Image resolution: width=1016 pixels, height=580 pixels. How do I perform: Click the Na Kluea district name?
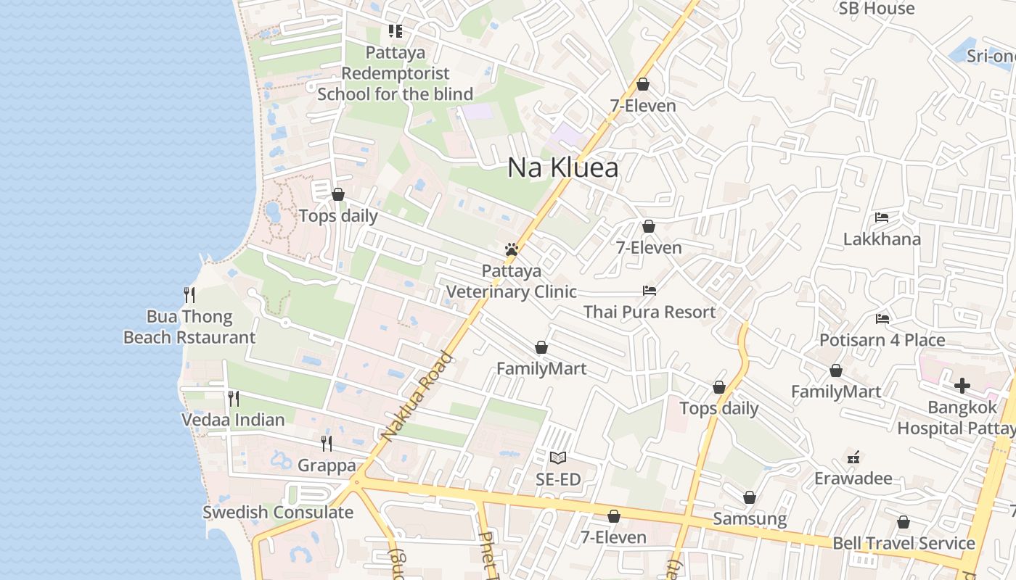(x=562, y=168)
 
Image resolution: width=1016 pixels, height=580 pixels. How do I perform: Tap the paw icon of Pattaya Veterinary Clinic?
(x=512, y=249)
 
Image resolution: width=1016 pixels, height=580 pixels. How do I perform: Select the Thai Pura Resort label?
(x=650, y=312)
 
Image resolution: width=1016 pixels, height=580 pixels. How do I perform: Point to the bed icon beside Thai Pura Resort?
(x=650, y=291)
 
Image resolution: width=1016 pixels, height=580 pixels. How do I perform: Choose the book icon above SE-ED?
(x=557, y=457)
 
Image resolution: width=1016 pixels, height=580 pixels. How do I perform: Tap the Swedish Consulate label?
(x=278, y=513)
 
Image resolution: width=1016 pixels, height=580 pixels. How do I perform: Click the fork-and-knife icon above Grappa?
(x=327, y=443)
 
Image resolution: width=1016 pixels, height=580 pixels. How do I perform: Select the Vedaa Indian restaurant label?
(x=233, y=420)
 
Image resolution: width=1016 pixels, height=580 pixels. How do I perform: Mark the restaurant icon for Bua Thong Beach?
(x=189, y=294)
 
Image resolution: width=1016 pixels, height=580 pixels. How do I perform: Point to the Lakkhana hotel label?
(x=882, y=239)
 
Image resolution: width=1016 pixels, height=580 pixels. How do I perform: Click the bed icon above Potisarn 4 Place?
(x=882, y=318)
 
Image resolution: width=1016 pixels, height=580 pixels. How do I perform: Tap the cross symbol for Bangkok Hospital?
(x=962, y=386)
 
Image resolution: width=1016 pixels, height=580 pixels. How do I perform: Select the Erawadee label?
(x=853, y=478)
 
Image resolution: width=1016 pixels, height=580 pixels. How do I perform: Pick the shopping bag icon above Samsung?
(x=750, y=497)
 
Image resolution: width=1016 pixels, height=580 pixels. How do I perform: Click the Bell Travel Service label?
(x=904, y=543)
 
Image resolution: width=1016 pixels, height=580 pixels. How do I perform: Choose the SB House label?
(x=877, y=9)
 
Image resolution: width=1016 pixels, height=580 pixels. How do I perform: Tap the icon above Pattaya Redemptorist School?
(x=395, y=31)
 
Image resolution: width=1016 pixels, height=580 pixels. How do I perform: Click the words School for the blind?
(x=395, y=94)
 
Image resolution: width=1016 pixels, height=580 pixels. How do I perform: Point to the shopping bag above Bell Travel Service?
(x=904, y=522)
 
